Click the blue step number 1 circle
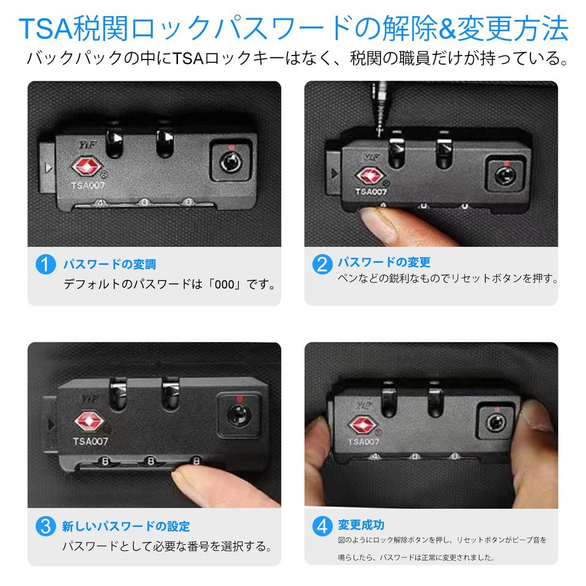click(x=45, y=265)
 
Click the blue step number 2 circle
click(x=322, y=263)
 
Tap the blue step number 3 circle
click(x=45, y=526)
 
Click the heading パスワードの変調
click(x=109, y=265)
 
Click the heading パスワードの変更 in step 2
click(x=383, y=263)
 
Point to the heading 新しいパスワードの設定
click(x=126, y=526)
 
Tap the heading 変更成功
click(x=361, y=525)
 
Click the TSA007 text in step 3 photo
click(x=90, y=441)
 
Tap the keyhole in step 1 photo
click(x=229, y=164)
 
